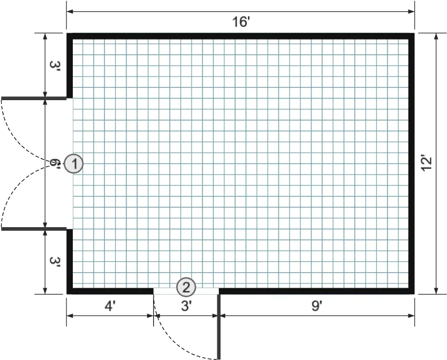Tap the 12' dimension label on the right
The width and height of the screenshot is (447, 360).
pyautogui.click(x=426, y=163)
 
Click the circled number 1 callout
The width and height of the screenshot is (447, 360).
pyautogui.click(x=73, y=164)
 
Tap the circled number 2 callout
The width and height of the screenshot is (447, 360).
pyautogui.click(x=186, y=287)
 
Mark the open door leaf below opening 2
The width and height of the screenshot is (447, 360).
pyautogui.click(x=219, y=327)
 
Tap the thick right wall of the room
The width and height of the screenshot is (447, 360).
pyautogui.click(x=412, y=163)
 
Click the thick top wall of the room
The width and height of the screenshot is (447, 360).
pyautogui.click(x=241, y=36)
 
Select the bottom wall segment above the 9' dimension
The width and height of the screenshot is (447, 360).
pyautogui.click(x=316, y=291)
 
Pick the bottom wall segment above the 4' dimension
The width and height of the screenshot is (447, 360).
pyautogui.click(x=110, y=291)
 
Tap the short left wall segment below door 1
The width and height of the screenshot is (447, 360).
pyautogui.click(x=70, y=261)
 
